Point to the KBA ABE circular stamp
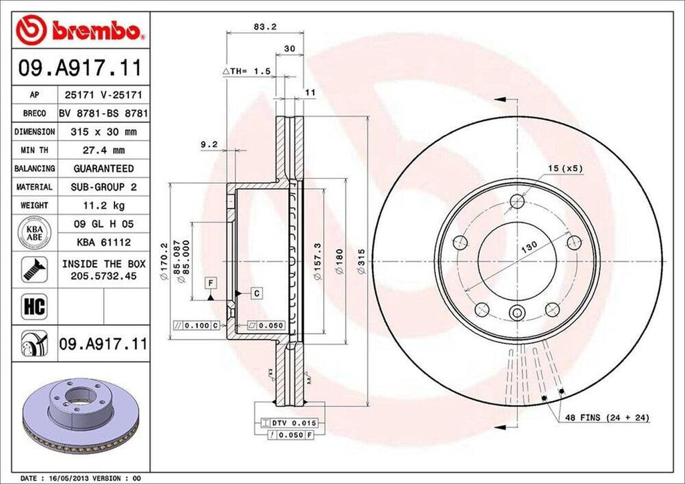(35, 232)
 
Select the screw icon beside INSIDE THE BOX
(32, 269)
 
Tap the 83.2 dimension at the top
(266, 27)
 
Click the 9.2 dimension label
(209, 143)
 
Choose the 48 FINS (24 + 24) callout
(607, 418)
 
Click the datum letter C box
(256, 292)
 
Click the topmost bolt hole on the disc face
(516, 200)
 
